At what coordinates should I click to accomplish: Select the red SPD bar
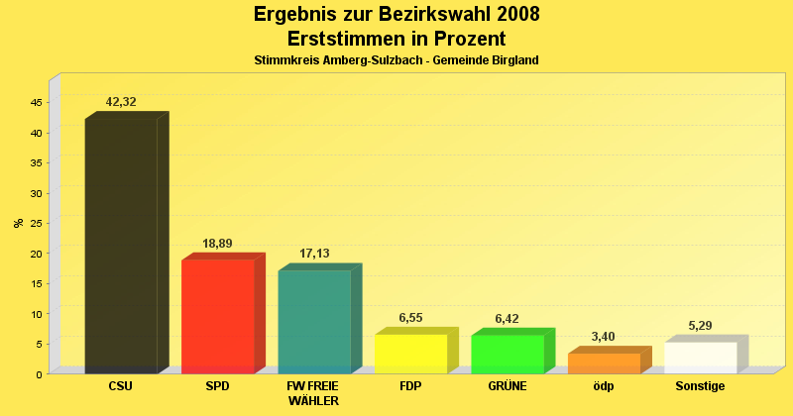pyautogui.click(x=217, y=316)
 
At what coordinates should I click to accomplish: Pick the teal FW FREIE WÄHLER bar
pyautogui.click(x=314, y=321)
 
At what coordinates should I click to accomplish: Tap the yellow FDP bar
pyautogui.click(x=410, y=354)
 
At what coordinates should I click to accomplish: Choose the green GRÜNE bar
pyautogui.click(x=507, y=354)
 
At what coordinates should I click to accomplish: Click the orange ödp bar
pyautogui.click(x=604, y=363)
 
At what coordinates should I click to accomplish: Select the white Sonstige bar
pyautogui.click(x=700, y=358)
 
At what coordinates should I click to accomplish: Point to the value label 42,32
pyautogui.click(x=121, y=102)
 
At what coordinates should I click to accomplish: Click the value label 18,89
pyautogui.click(x=217, y=244)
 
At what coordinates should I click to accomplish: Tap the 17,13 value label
pyautogui.click(x=314, y=254)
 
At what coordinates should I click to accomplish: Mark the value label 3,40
pyautogui.click(x=604, y=337)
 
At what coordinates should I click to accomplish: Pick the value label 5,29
pyautogui.click(x=700, y=326)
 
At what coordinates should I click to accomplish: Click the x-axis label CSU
pyautogui.click(x=121, y=386)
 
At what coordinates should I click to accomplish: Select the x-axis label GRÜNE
pyautogui.click(x=507, y=386)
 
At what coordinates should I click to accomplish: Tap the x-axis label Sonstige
pyautogui.click(x=700, y=386)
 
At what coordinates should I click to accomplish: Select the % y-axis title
pyautogui.click(x=18, y=223)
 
